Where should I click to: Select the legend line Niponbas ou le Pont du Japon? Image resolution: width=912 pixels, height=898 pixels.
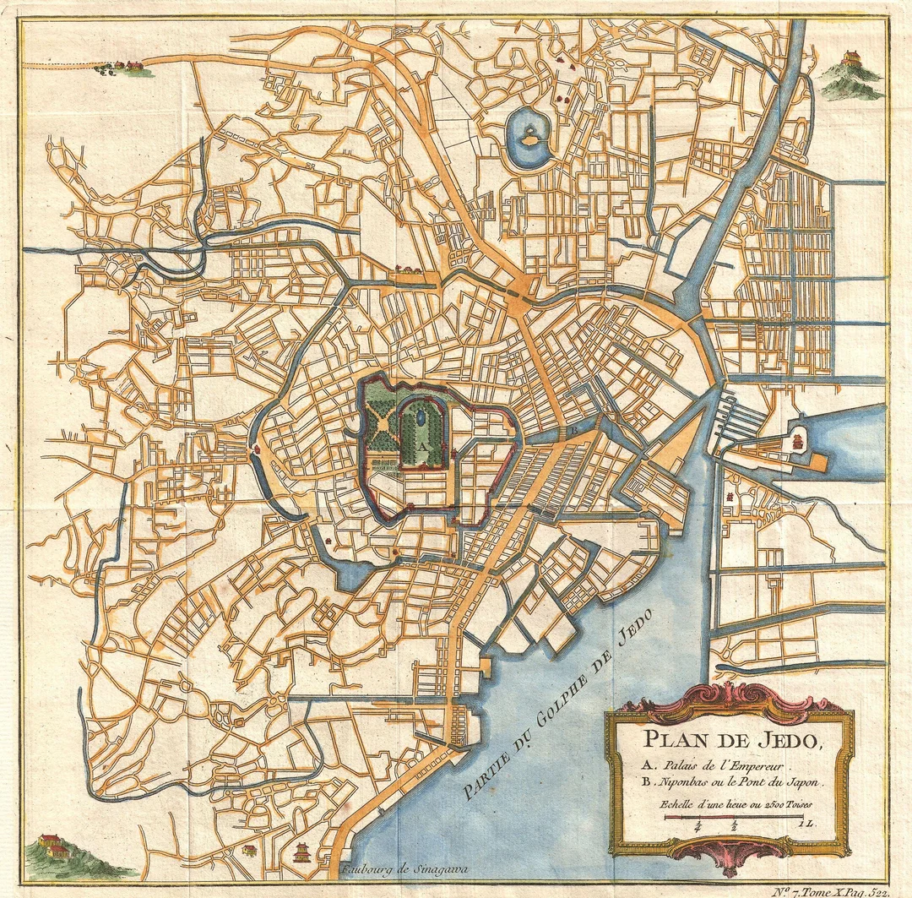point(730,783)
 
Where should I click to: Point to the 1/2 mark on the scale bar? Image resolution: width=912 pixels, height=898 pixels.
point(736,825)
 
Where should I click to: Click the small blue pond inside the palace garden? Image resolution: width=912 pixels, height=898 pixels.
point(420,416)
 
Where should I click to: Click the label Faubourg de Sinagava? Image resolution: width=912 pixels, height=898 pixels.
point(404,868)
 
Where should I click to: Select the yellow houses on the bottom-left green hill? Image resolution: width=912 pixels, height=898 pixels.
point(52,845)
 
